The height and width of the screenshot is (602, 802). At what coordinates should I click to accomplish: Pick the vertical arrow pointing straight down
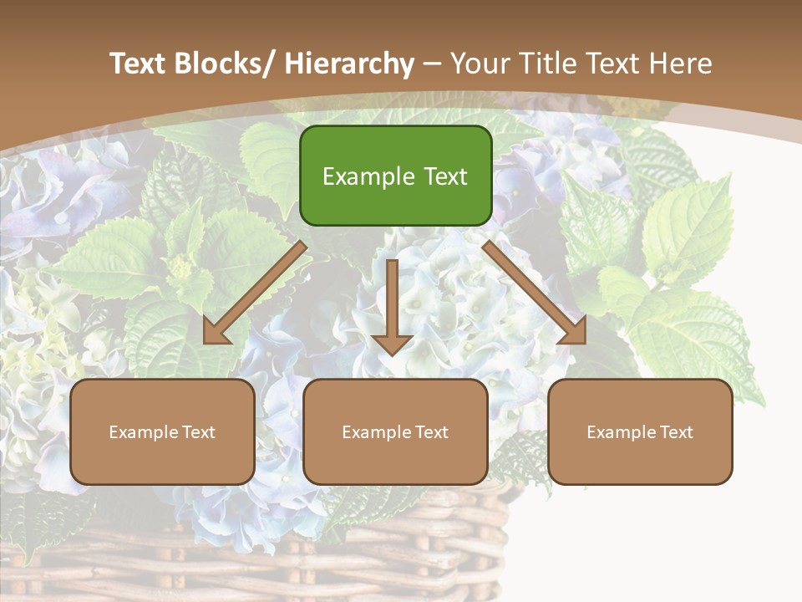(x=393, y=305)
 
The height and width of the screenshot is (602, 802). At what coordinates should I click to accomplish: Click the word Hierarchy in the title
(x=349, y=64)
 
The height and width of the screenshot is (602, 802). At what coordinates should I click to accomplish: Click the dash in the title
(x=432, y=64)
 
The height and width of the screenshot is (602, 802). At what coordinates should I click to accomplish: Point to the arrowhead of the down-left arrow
(x=216, y=332)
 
